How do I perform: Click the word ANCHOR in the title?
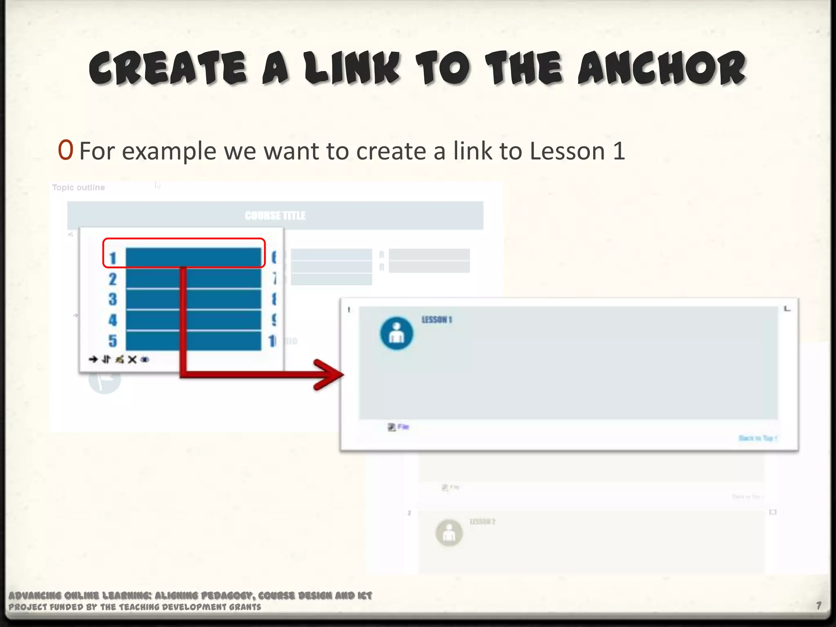(x=661, y=69)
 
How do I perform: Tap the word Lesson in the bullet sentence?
(x=567, y=151)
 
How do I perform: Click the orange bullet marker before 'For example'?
(x=65, y=150)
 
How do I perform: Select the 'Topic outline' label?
(x=78, y=187)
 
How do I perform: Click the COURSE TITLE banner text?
(x=275, y=216)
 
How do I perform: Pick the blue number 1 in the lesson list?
(x=113, y=258)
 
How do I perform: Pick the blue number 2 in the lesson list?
(x=113, y=279)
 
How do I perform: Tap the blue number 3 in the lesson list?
(x=113, y=300)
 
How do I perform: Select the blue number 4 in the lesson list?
(x=113, y=320)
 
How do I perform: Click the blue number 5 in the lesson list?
(x=113, y=341)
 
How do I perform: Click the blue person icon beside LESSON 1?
(x=396, y=334)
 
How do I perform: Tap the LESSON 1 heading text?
(x=437, y=320)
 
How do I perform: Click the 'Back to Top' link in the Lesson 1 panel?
(x=758, y=438)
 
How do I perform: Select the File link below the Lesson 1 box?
(x=403, y=427)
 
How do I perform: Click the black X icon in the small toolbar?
(x=132, y=360)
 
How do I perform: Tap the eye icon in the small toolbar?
(x=145, y=360)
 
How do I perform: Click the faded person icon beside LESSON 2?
(x=449, y=533)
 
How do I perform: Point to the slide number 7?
(x=819, y=605)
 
